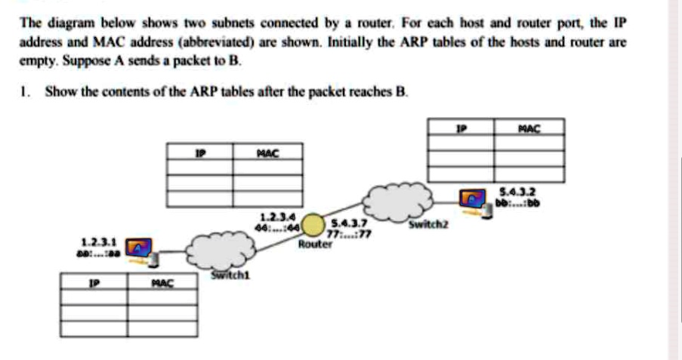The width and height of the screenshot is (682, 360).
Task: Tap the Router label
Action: click(315, 245)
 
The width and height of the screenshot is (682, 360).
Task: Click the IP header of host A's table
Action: click(94, 283)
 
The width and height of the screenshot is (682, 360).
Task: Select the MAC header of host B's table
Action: click(531, 128)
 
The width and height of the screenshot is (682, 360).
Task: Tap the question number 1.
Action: click(24, 92)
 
